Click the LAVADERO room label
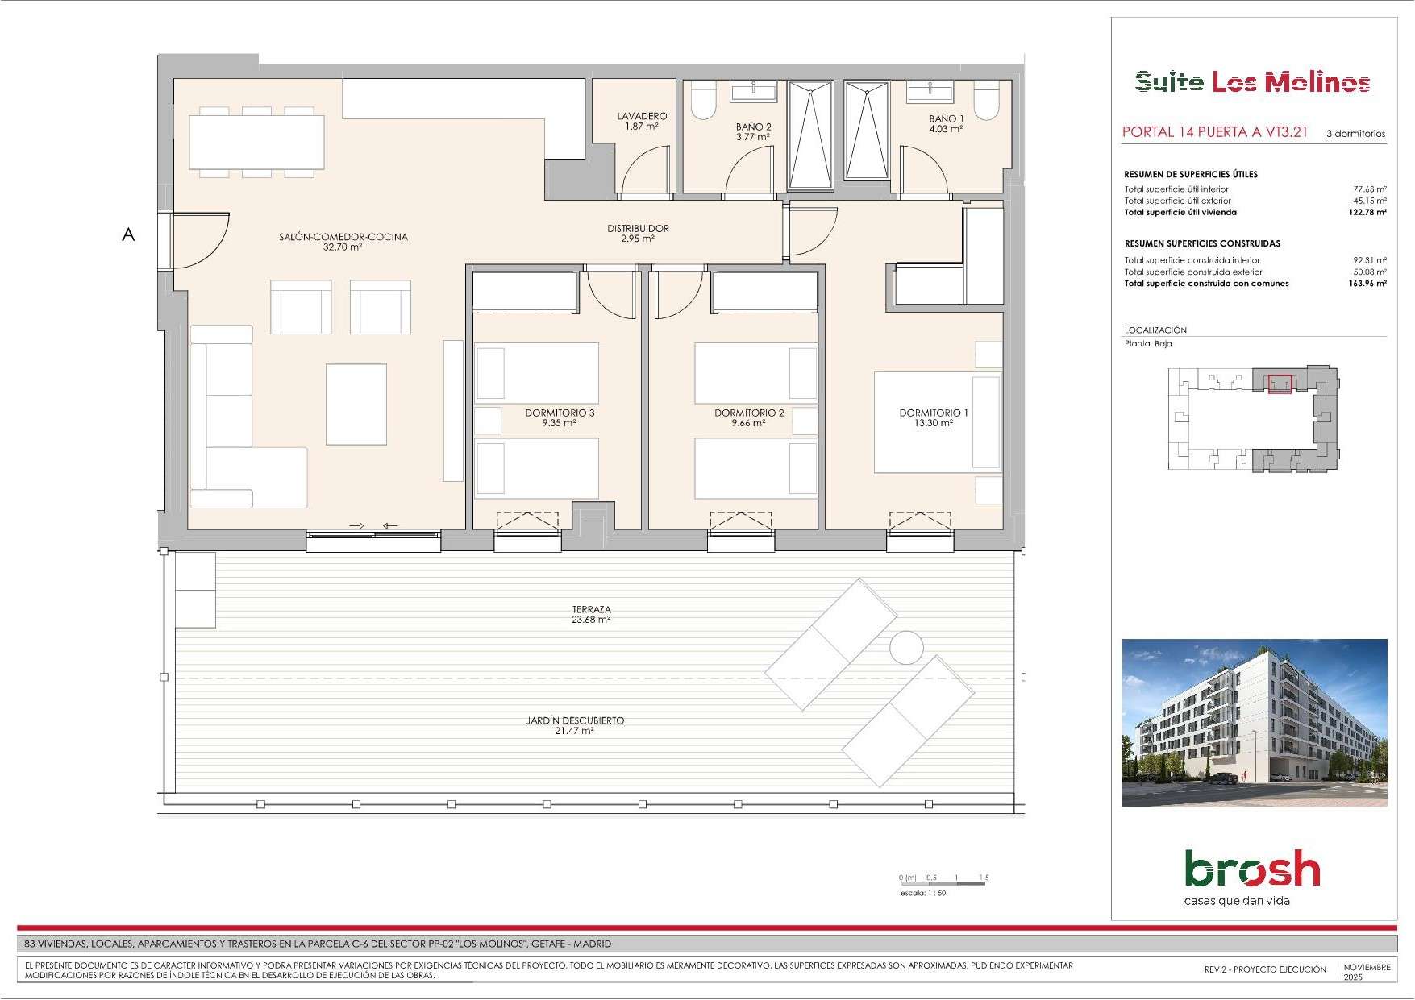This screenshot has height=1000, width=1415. point(643,116)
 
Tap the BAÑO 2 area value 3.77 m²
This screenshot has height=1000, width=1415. point(753,137)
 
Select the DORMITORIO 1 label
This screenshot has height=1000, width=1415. point(934,413)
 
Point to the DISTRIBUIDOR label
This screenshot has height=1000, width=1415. point(638,228)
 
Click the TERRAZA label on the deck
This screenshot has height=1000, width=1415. point(591,609)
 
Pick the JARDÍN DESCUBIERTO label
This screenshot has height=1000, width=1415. point(575,720)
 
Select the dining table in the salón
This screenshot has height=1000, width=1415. point(257,142)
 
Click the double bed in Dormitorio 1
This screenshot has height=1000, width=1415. point(938,422)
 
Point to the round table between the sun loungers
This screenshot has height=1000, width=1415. point(906,648)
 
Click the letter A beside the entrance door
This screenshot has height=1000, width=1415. point(128,235)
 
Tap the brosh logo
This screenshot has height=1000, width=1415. point(1252,869)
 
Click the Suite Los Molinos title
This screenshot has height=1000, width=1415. point(1253,82)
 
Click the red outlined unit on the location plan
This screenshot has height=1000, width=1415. point(1280,384)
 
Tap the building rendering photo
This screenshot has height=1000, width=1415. point(1255,723)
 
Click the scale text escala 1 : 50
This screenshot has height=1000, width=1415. point(923,893)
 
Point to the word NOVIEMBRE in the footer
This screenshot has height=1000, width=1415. point(1367,967)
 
